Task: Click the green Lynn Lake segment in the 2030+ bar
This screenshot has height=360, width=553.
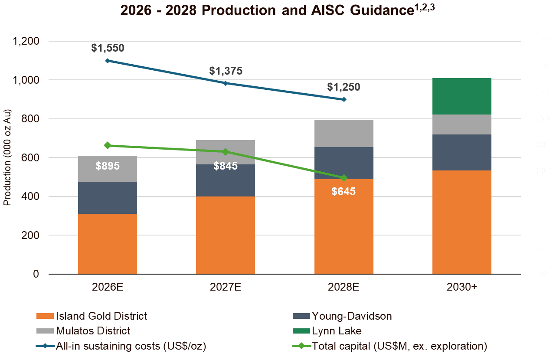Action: [461, 96]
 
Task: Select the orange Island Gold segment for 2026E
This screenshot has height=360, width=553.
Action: [108, 243]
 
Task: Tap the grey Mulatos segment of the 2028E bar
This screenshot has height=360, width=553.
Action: [344, 133]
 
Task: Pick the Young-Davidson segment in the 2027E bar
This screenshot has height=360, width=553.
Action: [226, 180]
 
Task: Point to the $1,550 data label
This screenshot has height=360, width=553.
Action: [108, 48]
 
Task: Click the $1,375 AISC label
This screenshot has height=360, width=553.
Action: [226, 71]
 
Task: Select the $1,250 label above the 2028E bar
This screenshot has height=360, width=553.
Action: [344, 87]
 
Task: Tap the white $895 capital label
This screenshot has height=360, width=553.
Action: [108, 166]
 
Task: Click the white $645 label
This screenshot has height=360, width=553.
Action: [344, 191]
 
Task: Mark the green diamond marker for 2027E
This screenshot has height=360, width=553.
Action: [226, 152]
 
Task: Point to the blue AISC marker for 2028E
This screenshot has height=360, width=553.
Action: [344, 99]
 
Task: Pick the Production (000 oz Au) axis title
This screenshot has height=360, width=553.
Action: [7, 158]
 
